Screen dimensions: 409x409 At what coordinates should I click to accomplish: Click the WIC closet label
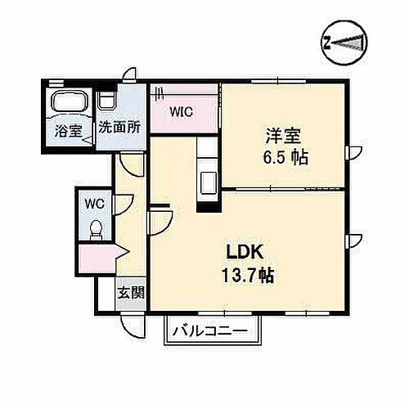[181, 113]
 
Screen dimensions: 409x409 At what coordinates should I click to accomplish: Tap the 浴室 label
[68, 129]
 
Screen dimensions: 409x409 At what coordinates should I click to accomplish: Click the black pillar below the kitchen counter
[208, 205]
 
